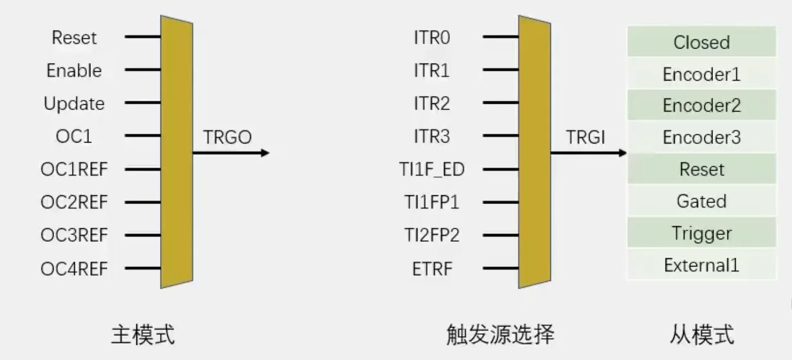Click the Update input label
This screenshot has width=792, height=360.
[74, 104]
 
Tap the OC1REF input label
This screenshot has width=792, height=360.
[74, 169]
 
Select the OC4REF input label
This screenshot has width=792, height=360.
[74, 269]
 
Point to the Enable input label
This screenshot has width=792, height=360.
[74, 71]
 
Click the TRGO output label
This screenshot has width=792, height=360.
[227, 137]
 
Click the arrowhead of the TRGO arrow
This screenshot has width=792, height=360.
[265, 153]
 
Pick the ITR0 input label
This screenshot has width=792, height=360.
[432, 38]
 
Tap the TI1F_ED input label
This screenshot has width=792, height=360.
[432, 169]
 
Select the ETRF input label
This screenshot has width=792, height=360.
[432, 269]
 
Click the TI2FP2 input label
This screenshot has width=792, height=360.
[432, 235]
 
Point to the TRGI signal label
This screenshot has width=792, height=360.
[585, 137]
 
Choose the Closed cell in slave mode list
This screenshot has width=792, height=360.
[702, 42]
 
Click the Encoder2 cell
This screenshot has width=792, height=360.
[702, 105]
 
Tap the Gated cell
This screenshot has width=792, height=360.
[702, 201]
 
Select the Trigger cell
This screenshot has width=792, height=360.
[702, 233]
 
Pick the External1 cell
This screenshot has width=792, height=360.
[702, 264]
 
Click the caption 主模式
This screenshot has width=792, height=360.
[143, 335]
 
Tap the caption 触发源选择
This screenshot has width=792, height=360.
[500, 335]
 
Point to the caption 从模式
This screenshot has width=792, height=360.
[702, 335]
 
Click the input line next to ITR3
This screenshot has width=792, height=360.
[501, 135]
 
